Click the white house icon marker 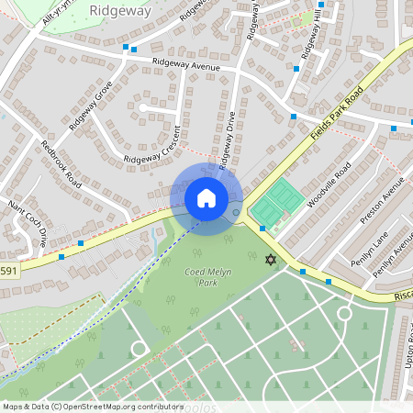206,198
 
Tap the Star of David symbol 270,261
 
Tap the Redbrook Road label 61,165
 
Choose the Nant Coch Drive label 27,225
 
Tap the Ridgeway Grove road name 90,104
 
